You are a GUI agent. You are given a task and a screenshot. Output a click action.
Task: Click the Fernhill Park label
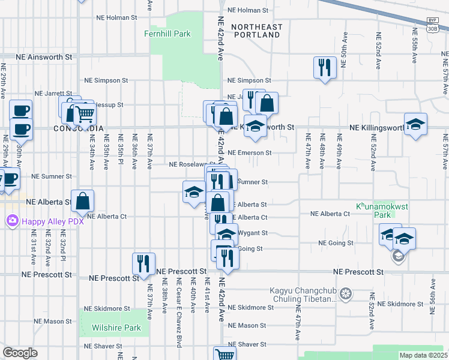[x=167, y=34]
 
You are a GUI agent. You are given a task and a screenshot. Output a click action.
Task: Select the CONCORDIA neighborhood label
[x=79, y=128]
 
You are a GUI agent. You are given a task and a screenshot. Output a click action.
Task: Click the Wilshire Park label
[x=116, y=328]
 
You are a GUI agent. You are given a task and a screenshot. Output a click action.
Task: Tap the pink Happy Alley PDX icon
[x=12, y=221]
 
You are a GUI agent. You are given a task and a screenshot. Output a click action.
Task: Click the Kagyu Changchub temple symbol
[x=345, y=294]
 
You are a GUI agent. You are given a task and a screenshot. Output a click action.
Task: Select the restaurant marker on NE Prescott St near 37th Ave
[x=144, y=263]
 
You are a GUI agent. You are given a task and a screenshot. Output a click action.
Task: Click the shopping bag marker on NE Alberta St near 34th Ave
[x=84, y=201]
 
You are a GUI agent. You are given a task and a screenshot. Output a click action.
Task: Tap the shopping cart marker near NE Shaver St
[x=224, y=355]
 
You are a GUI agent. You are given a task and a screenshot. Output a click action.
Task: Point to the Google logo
[x=20, y=353]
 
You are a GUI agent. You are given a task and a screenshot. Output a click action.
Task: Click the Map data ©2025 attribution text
[x=423, y=355]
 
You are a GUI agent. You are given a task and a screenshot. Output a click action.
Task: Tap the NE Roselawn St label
[x=192, y=164]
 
